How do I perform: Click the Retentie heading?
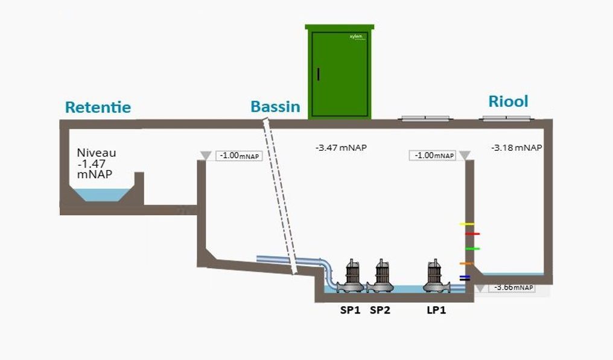pos(98,108)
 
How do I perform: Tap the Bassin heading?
pos(275,107)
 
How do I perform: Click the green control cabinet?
pos(340,72)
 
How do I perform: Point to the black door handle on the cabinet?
pos(319,74)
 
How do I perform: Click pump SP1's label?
pos(350,311)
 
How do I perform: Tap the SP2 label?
pos(380,311)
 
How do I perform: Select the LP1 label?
pos(436,311)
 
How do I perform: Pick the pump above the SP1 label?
pos(351,277)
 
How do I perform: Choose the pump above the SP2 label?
pos(381,277)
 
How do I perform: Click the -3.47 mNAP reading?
pos(341,147)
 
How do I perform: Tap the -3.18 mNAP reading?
pos(516,147)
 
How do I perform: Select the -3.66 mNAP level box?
pos(513,288)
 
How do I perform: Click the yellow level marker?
pos(466,224)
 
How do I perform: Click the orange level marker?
pos(465,264)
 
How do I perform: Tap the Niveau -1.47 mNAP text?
pos(97,163)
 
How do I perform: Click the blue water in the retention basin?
pos(100,194)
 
